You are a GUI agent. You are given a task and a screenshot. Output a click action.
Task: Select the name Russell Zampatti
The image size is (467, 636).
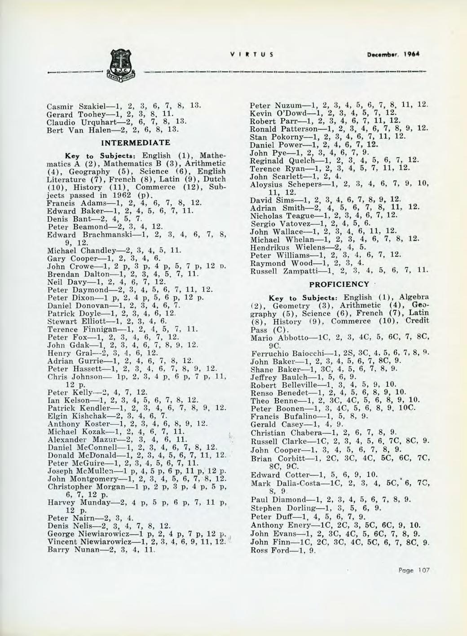click(280, 271)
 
